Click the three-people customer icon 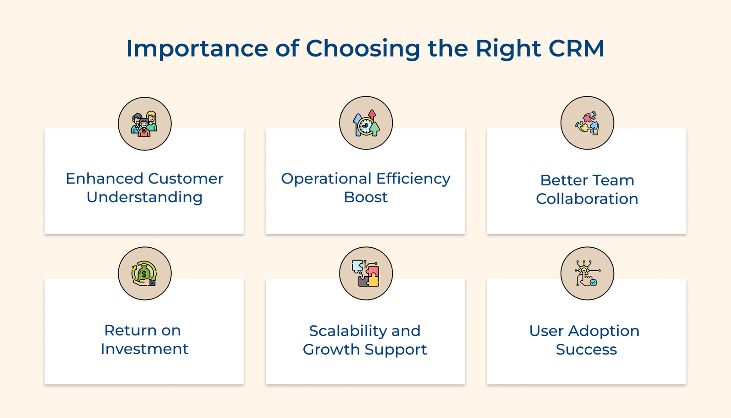pos(144,124)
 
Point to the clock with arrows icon pos(366,123)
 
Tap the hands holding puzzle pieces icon pos(587,123)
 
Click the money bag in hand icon pos(144,274)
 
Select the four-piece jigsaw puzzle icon pos(366,273)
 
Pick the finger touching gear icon pos(587,273)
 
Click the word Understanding pos(144,198)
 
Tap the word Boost pos(365,197)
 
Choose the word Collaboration pos(587,199)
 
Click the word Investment pos(144,349)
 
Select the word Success pos(586,350)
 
